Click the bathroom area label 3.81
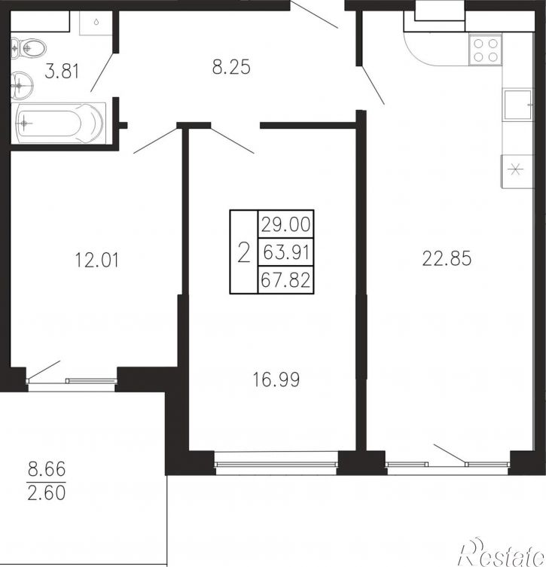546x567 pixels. (x=62, y=71)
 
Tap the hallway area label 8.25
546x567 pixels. (x=231, y=67)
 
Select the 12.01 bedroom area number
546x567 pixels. (x=96, y=260)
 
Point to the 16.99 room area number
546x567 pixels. (x=276, y=380)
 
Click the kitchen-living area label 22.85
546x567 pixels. (x=447, y=258)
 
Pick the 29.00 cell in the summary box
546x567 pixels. (x=285, y=224)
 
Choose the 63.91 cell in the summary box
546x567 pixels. (x=285, y=252)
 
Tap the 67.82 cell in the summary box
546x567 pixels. (x=285, y=280)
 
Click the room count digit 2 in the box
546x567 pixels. (x=244, y=252)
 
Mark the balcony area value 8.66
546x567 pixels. (x=47, y=469)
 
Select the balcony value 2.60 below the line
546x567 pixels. (x=47, y=493)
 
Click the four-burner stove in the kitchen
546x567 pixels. (x=485, y=50)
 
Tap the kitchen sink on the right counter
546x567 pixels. (x=518, y=105)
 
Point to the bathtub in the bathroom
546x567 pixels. (x=59, y=123)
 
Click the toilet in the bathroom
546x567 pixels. (x=28, y=47)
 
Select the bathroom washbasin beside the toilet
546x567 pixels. (x=22, y=86)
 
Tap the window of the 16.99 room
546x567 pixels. (x=276, y=463)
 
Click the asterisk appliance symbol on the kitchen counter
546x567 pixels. (x=516, y=169)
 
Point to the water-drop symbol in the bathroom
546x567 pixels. (x=96, y=22)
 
